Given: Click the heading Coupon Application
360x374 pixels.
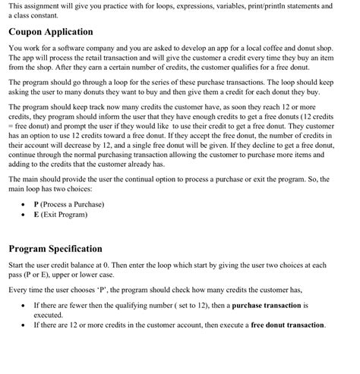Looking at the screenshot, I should click(x=51, y=32).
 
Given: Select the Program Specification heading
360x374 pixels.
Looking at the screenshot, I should click(x=55, y=248).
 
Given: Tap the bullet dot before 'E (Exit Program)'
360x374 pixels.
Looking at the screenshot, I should click(x=24, y=214).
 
